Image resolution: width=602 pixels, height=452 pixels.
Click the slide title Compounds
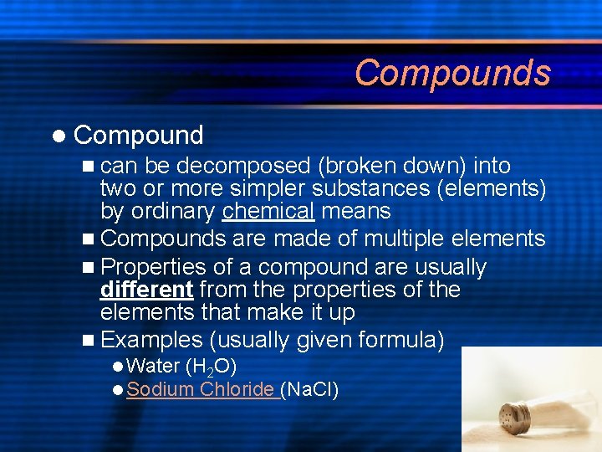[452, 73]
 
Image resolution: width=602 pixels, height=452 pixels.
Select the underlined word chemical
[268, 211]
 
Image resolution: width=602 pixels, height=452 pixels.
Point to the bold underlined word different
[146, 290]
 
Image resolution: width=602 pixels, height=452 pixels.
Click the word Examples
[151, 339]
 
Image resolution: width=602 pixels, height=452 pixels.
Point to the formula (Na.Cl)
[310, 389]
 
